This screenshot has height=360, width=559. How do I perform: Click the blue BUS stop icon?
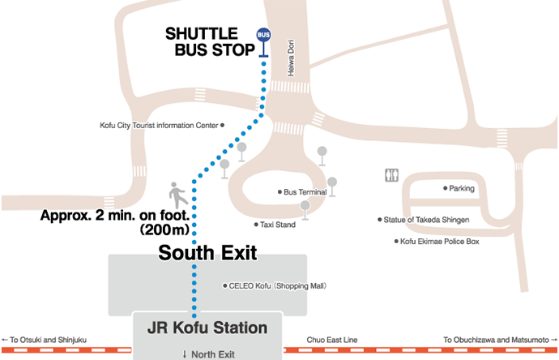pyautogui.click(x=263, y=35)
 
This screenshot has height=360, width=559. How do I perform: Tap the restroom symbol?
pyautogui.click(x=392, y=175)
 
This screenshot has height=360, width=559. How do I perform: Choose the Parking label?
pyautogui.click(x=462, y=188)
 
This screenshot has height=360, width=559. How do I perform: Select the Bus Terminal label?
pyautogui.click(x=305, y=192)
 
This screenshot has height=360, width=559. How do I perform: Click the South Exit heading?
pyautogui.click(x=207, y=253)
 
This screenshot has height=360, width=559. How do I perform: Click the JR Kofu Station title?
pyautogui.click(x=207, y=328)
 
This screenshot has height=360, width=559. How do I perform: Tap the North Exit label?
pyautogui.click(x=209, y=354)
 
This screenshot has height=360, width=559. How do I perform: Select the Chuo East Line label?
pyautogui.click(x=329, y=340)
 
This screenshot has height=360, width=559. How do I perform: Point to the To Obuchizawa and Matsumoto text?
pyautogui.click(x=496, y=340)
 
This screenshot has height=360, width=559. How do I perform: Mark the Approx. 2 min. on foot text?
pyautogui.click(x=114, y=216)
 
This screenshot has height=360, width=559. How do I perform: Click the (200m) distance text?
pyautogui.click(x=164, y=230)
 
